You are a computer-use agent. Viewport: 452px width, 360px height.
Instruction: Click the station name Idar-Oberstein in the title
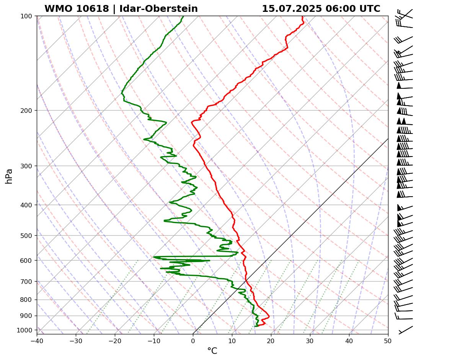pos(158,9)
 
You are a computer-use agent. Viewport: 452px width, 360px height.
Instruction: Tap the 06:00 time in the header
pos(339,9)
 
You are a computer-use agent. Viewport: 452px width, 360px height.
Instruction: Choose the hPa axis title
pos(9,176)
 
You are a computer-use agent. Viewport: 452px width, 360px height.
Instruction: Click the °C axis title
pos(212,351)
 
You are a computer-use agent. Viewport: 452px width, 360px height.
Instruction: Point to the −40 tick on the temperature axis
pos(37,340)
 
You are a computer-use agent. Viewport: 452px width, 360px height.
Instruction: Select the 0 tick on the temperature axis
pos(193,340)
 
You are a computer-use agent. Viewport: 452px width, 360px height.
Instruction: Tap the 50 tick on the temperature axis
pos(388,340)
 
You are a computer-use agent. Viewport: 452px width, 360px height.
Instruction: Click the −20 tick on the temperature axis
pos(115,340)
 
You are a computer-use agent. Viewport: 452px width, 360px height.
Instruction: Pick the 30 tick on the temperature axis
pos(310,340)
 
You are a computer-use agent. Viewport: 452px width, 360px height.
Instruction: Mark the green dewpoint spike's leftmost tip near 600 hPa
pos(154,257)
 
